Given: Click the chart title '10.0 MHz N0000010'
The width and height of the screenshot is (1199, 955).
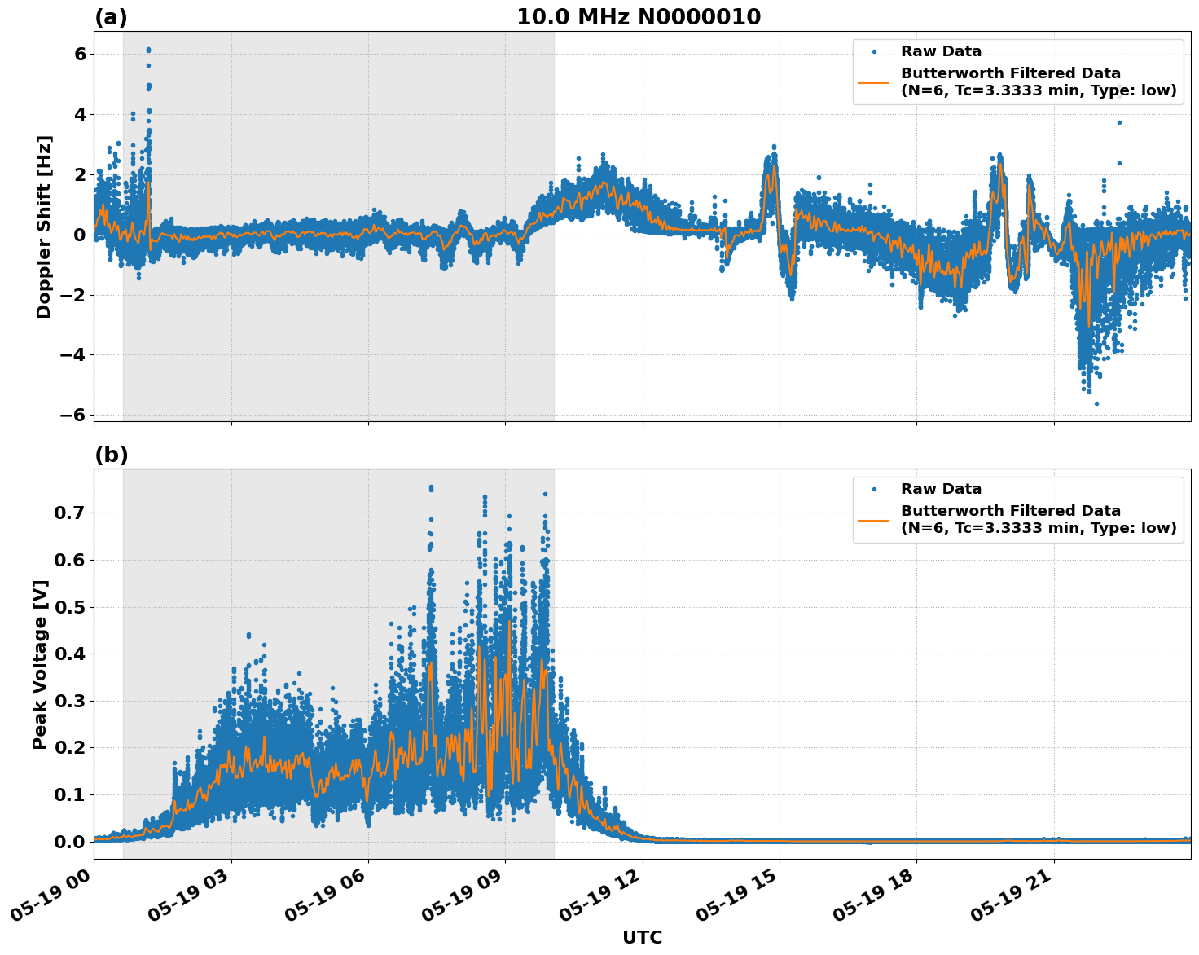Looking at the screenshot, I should [x=638, y=17].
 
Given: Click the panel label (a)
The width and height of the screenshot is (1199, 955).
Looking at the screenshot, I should [x=111, y=17].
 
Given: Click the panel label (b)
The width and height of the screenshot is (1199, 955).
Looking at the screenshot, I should [x=111, y=455].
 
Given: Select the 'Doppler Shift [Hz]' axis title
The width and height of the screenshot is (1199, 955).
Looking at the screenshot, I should [x=44, y=227].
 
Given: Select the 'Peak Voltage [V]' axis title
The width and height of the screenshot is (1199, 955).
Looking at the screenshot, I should [x=40, y=664].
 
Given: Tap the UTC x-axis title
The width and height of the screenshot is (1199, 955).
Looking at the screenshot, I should [x=642, y=937].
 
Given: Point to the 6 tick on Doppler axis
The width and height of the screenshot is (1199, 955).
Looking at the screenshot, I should [x=80, y=54].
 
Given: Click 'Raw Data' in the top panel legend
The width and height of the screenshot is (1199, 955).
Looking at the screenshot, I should [x=941, y=51].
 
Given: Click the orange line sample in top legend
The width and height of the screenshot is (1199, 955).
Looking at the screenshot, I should [x=873, y=81].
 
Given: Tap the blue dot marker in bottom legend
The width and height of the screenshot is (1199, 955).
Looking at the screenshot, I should [x=873, y=489].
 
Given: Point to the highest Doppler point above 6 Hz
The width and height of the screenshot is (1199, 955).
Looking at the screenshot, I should [x=148, y=50].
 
